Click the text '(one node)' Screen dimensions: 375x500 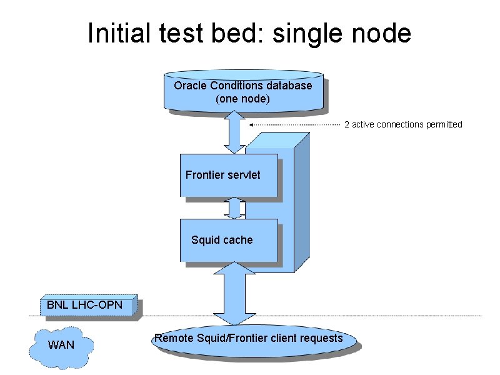(x=242, y=98)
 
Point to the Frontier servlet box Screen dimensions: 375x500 (x=229, y=175)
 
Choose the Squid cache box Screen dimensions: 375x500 (x=229, y=240)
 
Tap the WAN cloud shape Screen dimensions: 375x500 (x=61, y=344)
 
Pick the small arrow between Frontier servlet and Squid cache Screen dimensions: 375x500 (x=233, y=207)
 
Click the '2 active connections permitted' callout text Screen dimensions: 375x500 (x=403, y=124)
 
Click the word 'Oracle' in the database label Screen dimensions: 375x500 (x=191, y=85)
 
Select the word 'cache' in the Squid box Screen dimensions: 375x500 (x=238, y=240)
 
